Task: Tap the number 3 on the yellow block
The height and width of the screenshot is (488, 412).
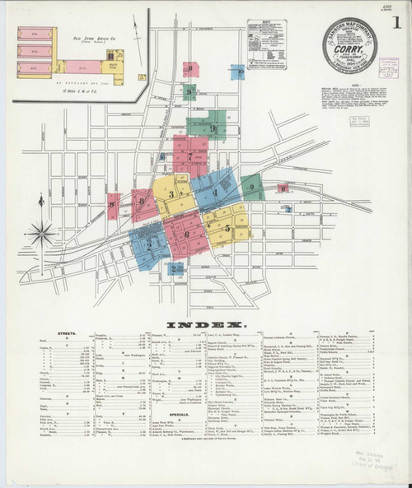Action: (171, 194)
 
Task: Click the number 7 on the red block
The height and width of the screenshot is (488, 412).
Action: (190, 156)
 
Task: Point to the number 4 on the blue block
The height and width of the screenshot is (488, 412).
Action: (216, 192)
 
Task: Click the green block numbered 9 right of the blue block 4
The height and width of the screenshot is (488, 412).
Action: (253, 188)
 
